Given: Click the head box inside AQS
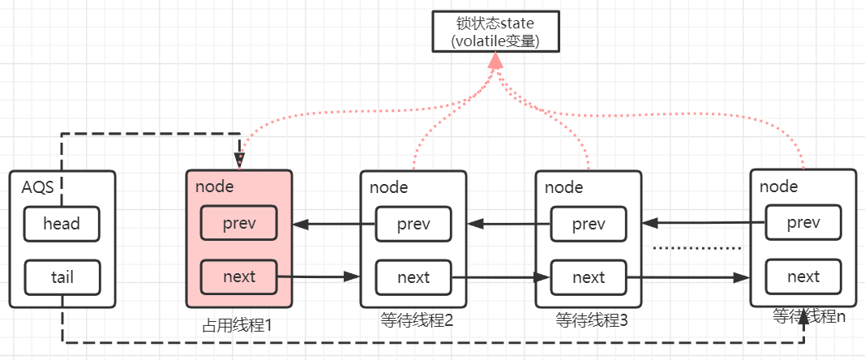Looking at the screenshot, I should click(x=62, y=224).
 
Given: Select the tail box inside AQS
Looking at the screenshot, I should click(x=62, y=276).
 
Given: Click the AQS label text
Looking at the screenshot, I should click(x=38, y=187).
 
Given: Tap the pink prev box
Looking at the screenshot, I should click(x=238, y=224).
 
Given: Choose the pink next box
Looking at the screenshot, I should click(x=238, y=276).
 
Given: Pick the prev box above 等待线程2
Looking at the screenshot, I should click(x=413, y=225).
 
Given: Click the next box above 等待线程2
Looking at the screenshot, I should click(x=413, y=277).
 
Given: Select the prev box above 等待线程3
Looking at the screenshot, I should click(x=589, y=225).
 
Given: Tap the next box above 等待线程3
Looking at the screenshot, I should click(x=589, y=277).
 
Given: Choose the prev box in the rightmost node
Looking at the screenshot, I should click(x=803, y=223).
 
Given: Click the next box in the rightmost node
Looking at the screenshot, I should click(x=803, y=276).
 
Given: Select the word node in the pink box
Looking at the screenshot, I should click(x=214, y=186).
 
